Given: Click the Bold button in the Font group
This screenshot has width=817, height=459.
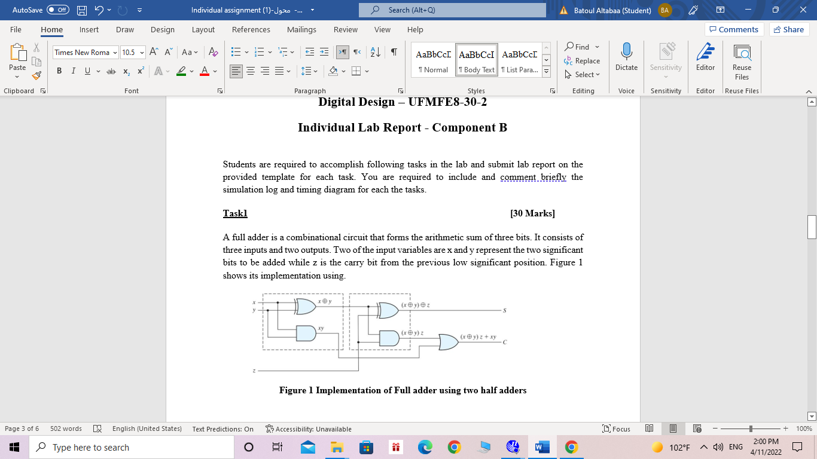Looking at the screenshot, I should click(59, 71).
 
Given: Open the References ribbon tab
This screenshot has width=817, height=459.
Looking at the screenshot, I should click(251, 30).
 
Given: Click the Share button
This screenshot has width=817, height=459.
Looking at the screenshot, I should click(789, 30).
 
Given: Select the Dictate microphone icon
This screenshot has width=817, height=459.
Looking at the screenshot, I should click(626, 53).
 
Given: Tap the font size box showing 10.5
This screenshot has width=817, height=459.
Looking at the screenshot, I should click(129, 53).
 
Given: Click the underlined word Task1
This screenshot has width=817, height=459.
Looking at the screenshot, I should click(235, 213).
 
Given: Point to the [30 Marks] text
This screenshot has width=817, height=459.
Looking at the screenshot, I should click(532, 213).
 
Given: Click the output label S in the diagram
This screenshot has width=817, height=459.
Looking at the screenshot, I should click(505, 311).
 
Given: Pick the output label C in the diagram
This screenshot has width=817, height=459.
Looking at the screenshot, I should click(505, 342).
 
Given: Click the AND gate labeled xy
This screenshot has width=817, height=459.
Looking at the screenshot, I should click(306, 332).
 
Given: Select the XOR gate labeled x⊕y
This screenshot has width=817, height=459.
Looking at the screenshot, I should click(306, 307).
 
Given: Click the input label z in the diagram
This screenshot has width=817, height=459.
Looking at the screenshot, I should click(254, 371).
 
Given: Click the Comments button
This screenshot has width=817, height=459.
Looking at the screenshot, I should click(733, 30).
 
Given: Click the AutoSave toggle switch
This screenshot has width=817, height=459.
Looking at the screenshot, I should click(57, 10).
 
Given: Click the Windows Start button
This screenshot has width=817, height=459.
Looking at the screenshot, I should click(14, 447).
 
